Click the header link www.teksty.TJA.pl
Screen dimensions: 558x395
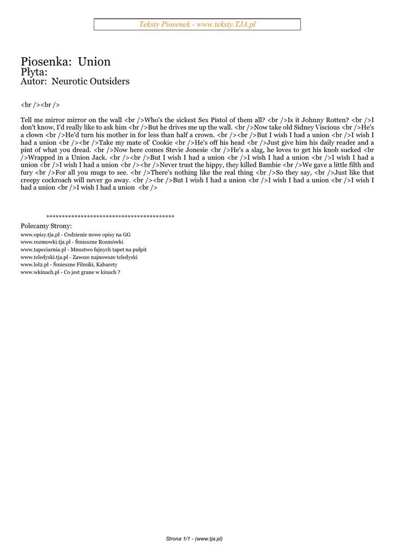(x=226, y=25)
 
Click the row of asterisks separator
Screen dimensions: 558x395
(x=110, y=217)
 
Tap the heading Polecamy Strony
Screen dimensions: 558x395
(x=46, y=226)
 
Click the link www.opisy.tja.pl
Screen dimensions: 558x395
(x=39, y=234)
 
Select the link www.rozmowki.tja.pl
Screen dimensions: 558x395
(x=46, y=242)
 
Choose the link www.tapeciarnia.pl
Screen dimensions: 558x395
(x=44, y=250)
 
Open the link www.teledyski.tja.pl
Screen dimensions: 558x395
(x=44, y=257)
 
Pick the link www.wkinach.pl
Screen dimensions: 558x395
(x=39, y=272)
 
